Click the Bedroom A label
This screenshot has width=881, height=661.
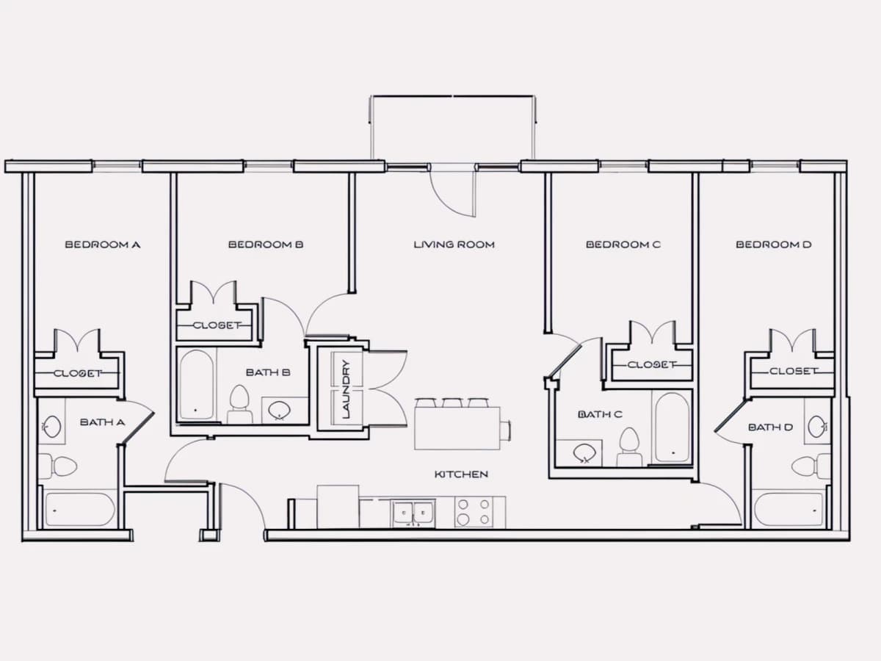click(103, 245)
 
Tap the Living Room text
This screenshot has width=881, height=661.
click(454, 245)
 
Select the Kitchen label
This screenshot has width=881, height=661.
click(462, 474)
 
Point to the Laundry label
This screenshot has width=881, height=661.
click(347, 389)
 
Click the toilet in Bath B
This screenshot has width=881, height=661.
click(239, 404)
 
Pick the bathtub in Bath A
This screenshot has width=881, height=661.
click(80, 510)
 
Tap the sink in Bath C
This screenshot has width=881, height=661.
click(582, 453)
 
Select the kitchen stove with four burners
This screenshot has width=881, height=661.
click(474, 512)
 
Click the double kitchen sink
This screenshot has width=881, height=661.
click(413, 513)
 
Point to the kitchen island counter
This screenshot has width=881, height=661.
click(457, 428)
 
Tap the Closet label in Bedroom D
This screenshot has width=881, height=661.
click(793, 371)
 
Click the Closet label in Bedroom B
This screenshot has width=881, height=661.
click(217, 325)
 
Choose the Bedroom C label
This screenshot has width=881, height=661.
click(623, 245)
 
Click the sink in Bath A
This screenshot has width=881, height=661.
click(52, 427)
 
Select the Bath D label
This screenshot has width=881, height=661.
click(771, 427)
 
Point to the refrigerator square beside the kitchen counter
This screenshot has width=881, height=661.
click(338, 507)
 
